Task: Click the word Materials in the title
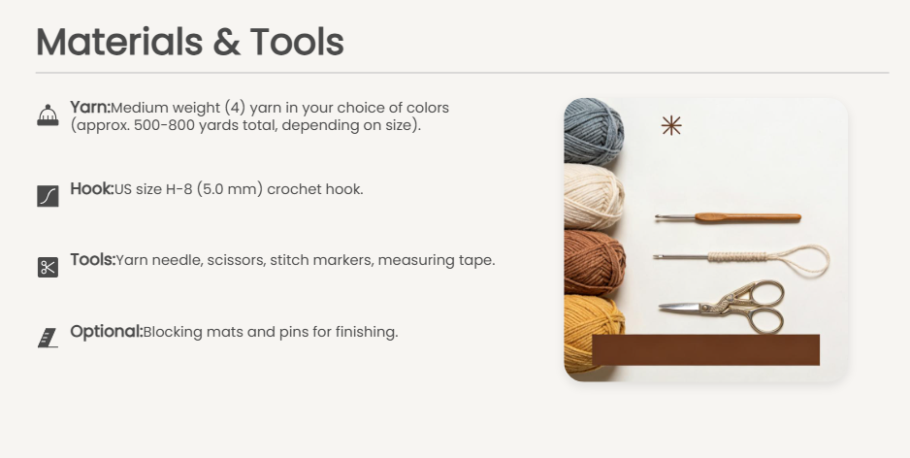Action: click(x=119, y=42)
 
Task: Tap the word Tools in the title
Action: click(x=297, y=42)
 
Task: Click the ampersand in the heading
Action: click(x=227, y=43)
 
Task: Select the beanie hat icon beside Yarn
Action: click(x=48, y=114)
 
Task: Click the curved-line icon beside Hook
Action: click(x=48, y=196)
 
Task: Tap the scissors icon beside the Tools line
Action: click(x=48, y=268)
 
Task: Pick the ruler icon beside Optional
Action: click(x=48, y=338)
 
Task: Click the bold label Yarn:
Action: click(x=90, y=108)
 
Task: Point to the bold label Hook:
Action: click(x=92, y=188)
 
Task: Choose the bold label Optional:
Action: click(x=106, y=332)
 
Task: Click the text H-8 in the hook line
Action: click(x=179, y=190)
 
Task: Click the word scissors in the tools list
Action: click(x=236, y=260)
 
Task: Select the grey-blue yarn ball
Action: click(x=593, y=131)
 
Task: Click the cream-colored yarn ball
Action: click(x=594, y=196)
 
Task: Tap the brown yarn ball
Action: click(x=595, y=262)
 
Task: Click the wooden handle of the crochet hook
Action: click(x=747, y=217)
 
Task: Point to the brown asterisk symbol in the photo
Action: click(x=671, y=125)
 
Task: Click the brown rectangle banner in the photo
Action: click(x=705, y=350)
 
